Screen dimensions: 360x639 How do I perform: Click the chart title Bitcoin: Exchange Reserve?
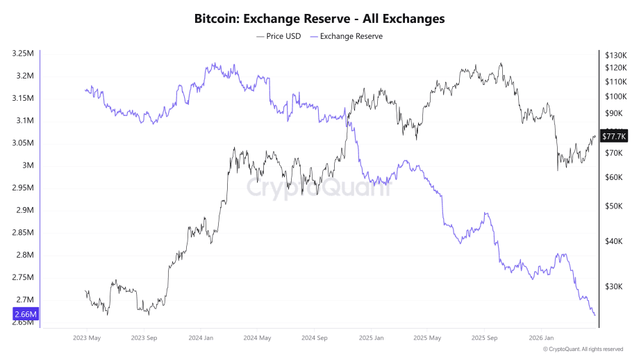[319, 19]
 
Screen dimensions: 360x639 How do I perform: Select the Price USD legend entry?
[279, 36]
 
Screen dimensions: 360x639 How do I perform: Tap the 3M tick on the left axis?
[28, 165]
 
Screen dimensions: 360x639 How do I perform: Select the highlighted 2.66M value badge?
[24, 314]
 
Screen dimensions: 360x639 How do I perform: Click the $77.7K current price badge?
[615, 137]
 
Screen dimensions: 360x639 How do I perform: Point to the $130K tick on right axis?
[615, 55]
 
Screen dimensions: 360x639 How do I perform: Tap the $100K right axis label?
[615, 96]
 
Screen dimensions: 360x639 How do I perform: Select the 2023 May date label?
[86, 338]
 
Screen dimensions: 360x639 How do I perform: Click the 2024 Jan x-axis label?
[200, 338]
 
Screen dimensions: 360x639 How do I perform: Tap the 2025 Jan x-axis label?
[371, 338]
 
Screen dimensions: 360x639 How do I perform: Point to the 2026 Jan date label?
[541, 338]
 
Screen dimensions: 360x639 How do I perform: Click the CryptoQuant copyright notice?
[583, 350]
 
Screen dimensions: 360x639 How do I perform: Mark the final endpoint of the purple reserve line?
[595, 315]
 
